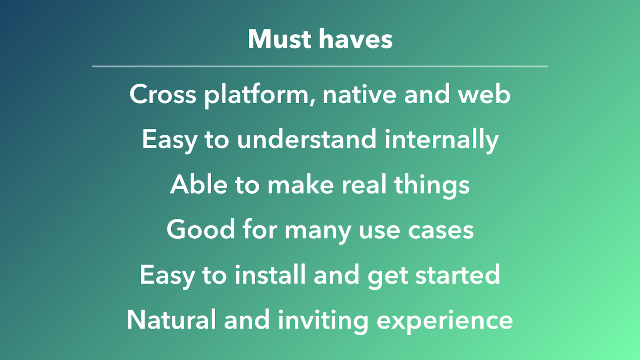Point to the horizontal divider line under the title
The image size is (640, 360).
pyautogui.click(x=320, y=66)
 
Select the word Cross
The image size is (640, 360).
pyautogui.click(x=163, y=94)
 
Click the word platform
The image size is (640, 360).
pyautogui.click(x=260, y=96)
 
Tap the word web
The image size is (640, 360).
pyautogui.click(x=484, y=94)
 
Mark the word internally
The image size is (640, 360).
pyautogui.click(x=442, y=140)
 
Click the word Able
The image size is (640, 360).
pyautogui.click(x=199, y=184)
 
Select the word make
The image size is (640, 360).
pyautogui.click(x=300, y=184)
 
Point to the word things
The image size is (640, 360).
pyautogui.click(x=432, y=186)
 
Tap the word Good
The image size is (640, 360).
pyautogui.click(x=200, y=230)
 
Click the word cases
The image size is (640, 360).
pyautogui.click(x=441, y=231)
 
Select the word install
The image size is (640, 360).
pyautogui.click(x=270, y=274)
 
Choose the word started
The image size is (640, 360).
pyautogui.click(x=458, y=274)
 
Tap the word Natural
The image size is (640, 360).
pyautogui.click(x=172, y=320)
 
